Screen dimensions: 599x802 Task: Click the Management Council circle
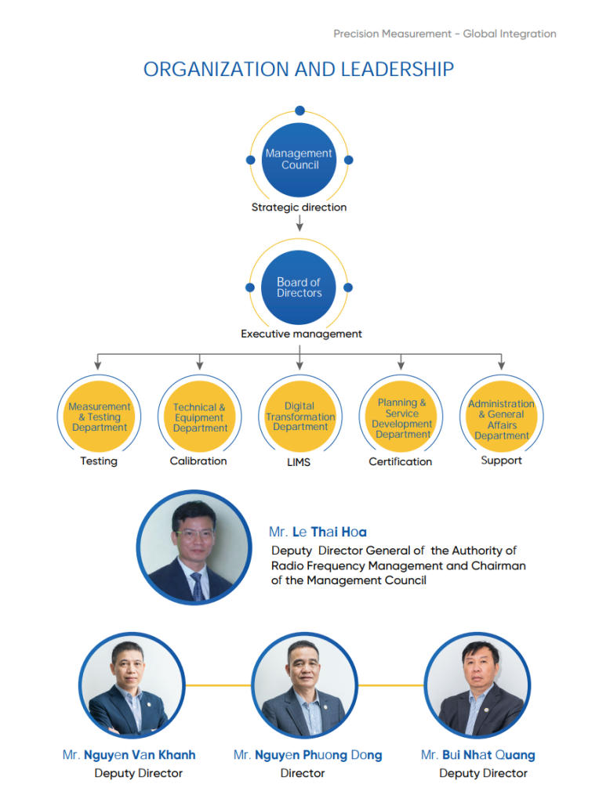tap(299, 160)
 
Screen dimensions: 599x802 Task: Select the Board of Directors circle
tap(299, 287)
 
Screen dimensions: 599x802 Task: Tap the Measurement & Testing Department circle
tap(99, 417)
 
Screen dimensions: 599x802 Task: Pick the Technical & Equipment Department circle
tap(200, 417)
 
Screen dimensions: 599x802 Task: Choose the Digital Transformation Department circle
tap(300, 417)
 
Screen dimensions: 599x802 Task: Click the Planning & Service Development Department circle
tap(401, 417)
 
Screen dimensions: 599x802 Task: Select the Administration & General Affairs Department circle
tap(502, 417)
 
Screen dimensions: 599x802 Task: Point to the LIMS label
tap(299, 462)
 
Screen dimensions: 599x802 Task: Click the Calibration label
tap(198, 461)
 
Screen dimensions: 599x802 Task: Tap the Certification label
tap(401, 461)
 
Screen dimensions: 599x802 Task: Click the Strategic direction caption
tap(299, 207)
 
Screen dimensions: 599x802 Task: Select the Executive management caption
tap(301, 334)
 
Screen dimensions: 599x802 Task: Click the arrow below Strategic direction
tap(299, 223)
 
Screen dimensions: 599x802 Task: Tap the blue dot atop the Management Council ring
tap(300, 110)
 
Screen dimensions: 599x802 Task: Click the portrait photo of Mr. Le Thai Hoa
tap(194, 547)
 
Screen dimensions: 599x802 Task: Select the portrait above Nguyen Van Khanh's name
tap(132, 685)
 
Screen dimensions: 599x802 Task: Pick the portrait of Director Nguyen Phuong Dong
tap(305, 685)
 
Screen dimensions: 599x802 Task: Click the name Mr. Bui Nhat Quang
tap(477, 755)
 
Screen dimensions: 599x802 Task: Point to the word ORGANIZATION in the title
tap(217, 69)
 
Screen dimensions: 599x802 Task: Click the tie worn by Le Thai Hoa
tap(198, 586)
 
